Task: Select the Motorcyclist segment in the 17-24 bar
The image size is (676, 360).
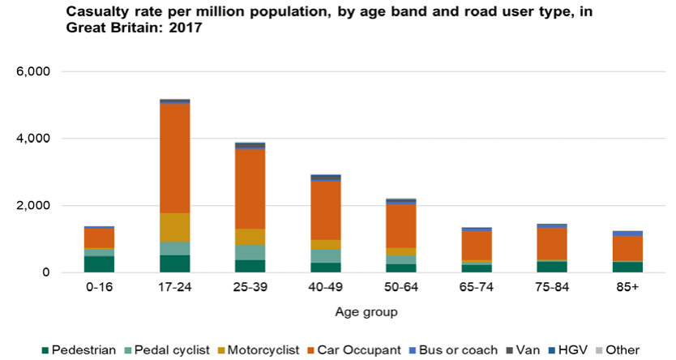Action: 174,227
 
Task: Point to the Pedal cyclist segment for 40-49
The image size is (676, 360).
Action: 324,256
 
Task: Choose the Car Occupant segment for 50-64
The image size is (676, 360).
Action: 400,226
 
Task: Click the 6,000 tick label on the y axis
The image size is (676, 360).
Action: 34,71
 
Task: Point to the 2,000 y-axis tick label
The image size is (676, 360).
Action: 34,206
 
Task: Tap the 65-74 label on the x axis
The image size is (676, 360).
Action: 476,289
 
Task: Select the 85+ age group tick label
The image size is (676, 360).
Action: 627,289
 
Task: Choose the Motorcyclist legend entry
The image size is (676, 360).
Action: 257,349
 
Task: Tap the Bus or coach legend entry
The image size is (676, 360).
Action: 457,349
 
